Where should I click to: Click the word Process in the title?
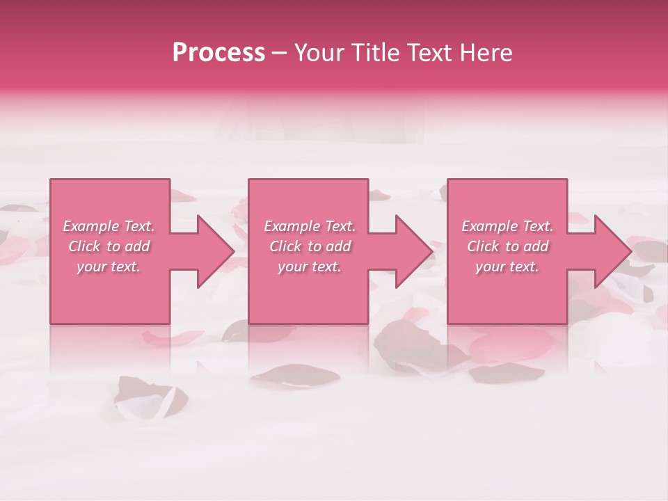tap(218, 54)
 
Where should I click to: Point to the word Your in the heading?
tap(317, 54)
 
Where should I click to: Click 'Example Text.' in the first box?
tap(109, 226)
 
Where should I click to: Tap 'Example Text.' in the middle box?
tap(310, 226)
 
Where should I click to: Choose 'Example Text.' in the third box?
tap(507, 226)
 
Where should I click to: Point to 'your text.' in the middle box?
tap(310, 267)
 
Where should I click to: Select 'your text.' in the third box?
tap(507, 267)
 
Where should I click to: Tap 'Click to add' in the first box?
tap(109, 246)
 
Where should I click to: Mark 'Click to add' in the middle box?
tap(310, 246)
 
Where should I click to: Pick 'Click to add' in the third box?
tap(507, 246)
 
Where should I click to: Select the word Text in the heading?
tap(426, 54)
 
